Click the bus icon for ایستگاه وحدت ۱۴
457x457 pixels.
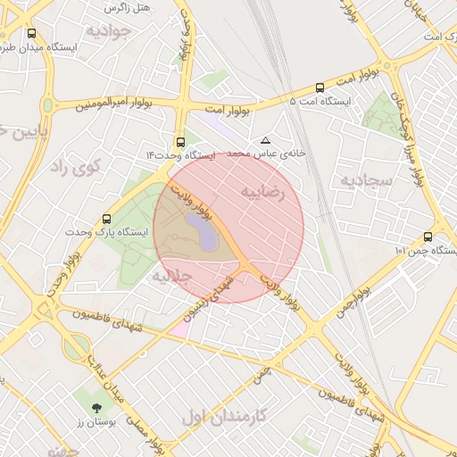click(x=181, y=141)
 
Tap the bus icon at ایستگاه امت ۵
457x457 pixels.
click(x=320, y=87)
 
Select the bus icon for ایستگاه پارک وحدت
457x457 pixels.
click(x=107, y=218)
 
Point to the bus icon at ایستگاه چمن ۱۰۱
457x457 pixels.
click(x=428, y=237)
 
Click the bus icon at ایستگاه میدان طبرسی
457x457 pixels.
click(x=32, y=34)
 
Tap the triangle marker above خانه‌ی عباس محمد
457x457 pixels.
click(x=265, y=140)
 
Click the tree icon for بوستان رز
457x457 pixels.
click(x=95, y=407)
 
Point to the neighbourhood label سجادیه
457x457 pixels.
click(x=365, y=181)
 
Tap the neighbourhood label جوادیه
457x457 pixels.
click(x=109, y=31)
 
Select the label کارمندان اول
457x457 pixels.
click(x=224, y=416)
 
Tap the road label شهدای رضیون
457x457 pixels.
click(x=207, y=298)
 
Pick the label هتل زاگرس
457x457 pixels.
click(x=127, y=7)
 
